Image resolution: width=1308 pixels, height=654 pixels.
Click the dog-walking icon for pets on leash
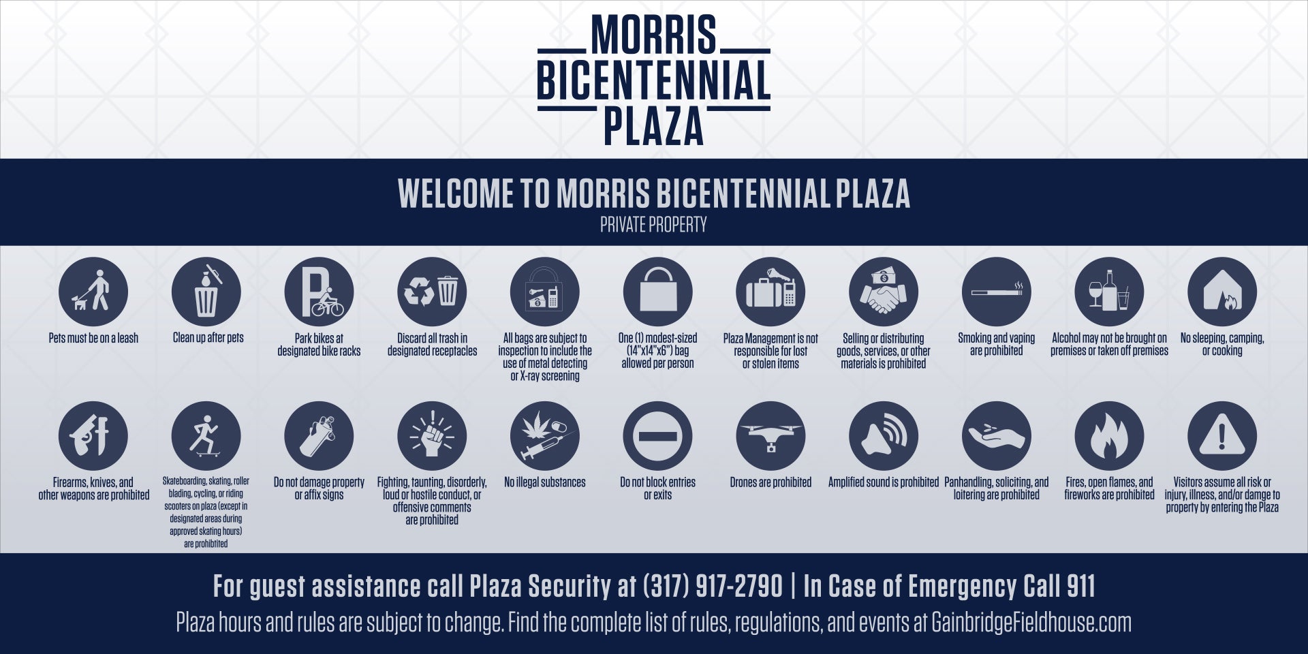(93, 292)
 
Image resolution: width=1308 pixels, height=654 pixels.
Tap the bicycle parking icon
(319, 292)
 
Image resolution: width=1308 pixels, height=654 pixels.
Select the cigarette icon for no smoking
(997, 292)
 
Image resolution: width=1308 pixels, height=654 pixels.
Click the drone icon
(770, 436)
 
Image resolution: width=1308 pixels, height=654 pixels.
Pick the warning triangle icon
(1222, 436)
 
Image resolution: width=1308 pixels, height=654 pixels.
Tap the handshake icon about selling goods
(884, 292)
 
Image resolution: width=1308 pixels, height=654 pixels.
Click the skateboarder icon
(206, 436)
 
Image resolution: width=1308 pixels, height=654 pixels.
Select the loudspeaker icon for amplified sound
(884, 436)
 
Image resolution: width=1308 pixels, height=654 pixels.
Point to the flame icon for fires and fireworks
(1109, 436)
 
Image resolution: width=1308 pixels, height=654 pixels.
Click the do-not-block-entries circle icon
(657, 436)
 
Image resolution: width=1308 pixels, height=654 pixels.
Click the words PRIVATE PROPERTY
(653, 225)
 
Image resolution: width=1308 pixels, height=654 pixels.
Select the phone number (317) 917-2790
(713, 587)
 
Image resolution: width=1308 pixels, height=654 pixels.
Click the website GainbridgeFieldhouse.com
(1031, 623)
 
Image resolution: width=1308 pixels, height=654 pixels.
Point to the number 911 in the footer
(1081, 587)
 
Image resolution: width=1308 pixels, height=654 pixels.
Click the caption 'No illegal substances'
(545, 482)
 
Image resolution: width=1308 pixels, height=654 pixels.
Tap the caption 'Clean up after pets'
(208, 338)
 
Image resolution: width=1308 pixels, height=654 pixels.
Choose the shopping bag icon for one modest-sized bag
(657, 292)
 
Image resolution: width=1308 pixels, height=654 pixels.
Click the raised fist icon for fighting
(432, 436)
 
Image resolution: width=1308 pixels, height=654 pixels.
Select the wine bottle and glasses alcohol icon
(1109, 292)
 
